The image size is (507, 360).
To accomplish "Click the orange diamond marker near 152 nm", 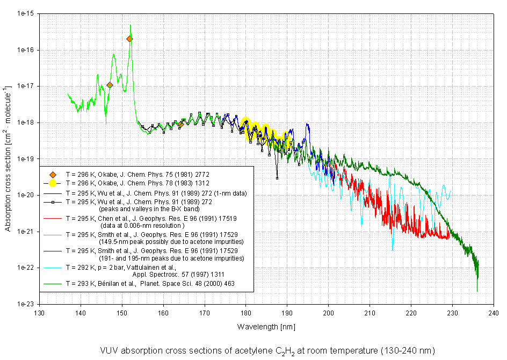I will [129, 39].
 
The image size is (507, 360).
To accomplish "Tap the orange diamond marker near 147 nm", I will [110, 85].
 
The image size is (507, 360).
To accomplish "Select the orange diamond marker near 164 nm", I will [180, 125].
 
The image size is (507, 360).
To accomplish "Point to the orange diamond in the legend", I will [53, 175].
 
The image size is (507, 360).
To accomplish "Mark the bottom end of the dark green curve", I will [477, 291].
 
